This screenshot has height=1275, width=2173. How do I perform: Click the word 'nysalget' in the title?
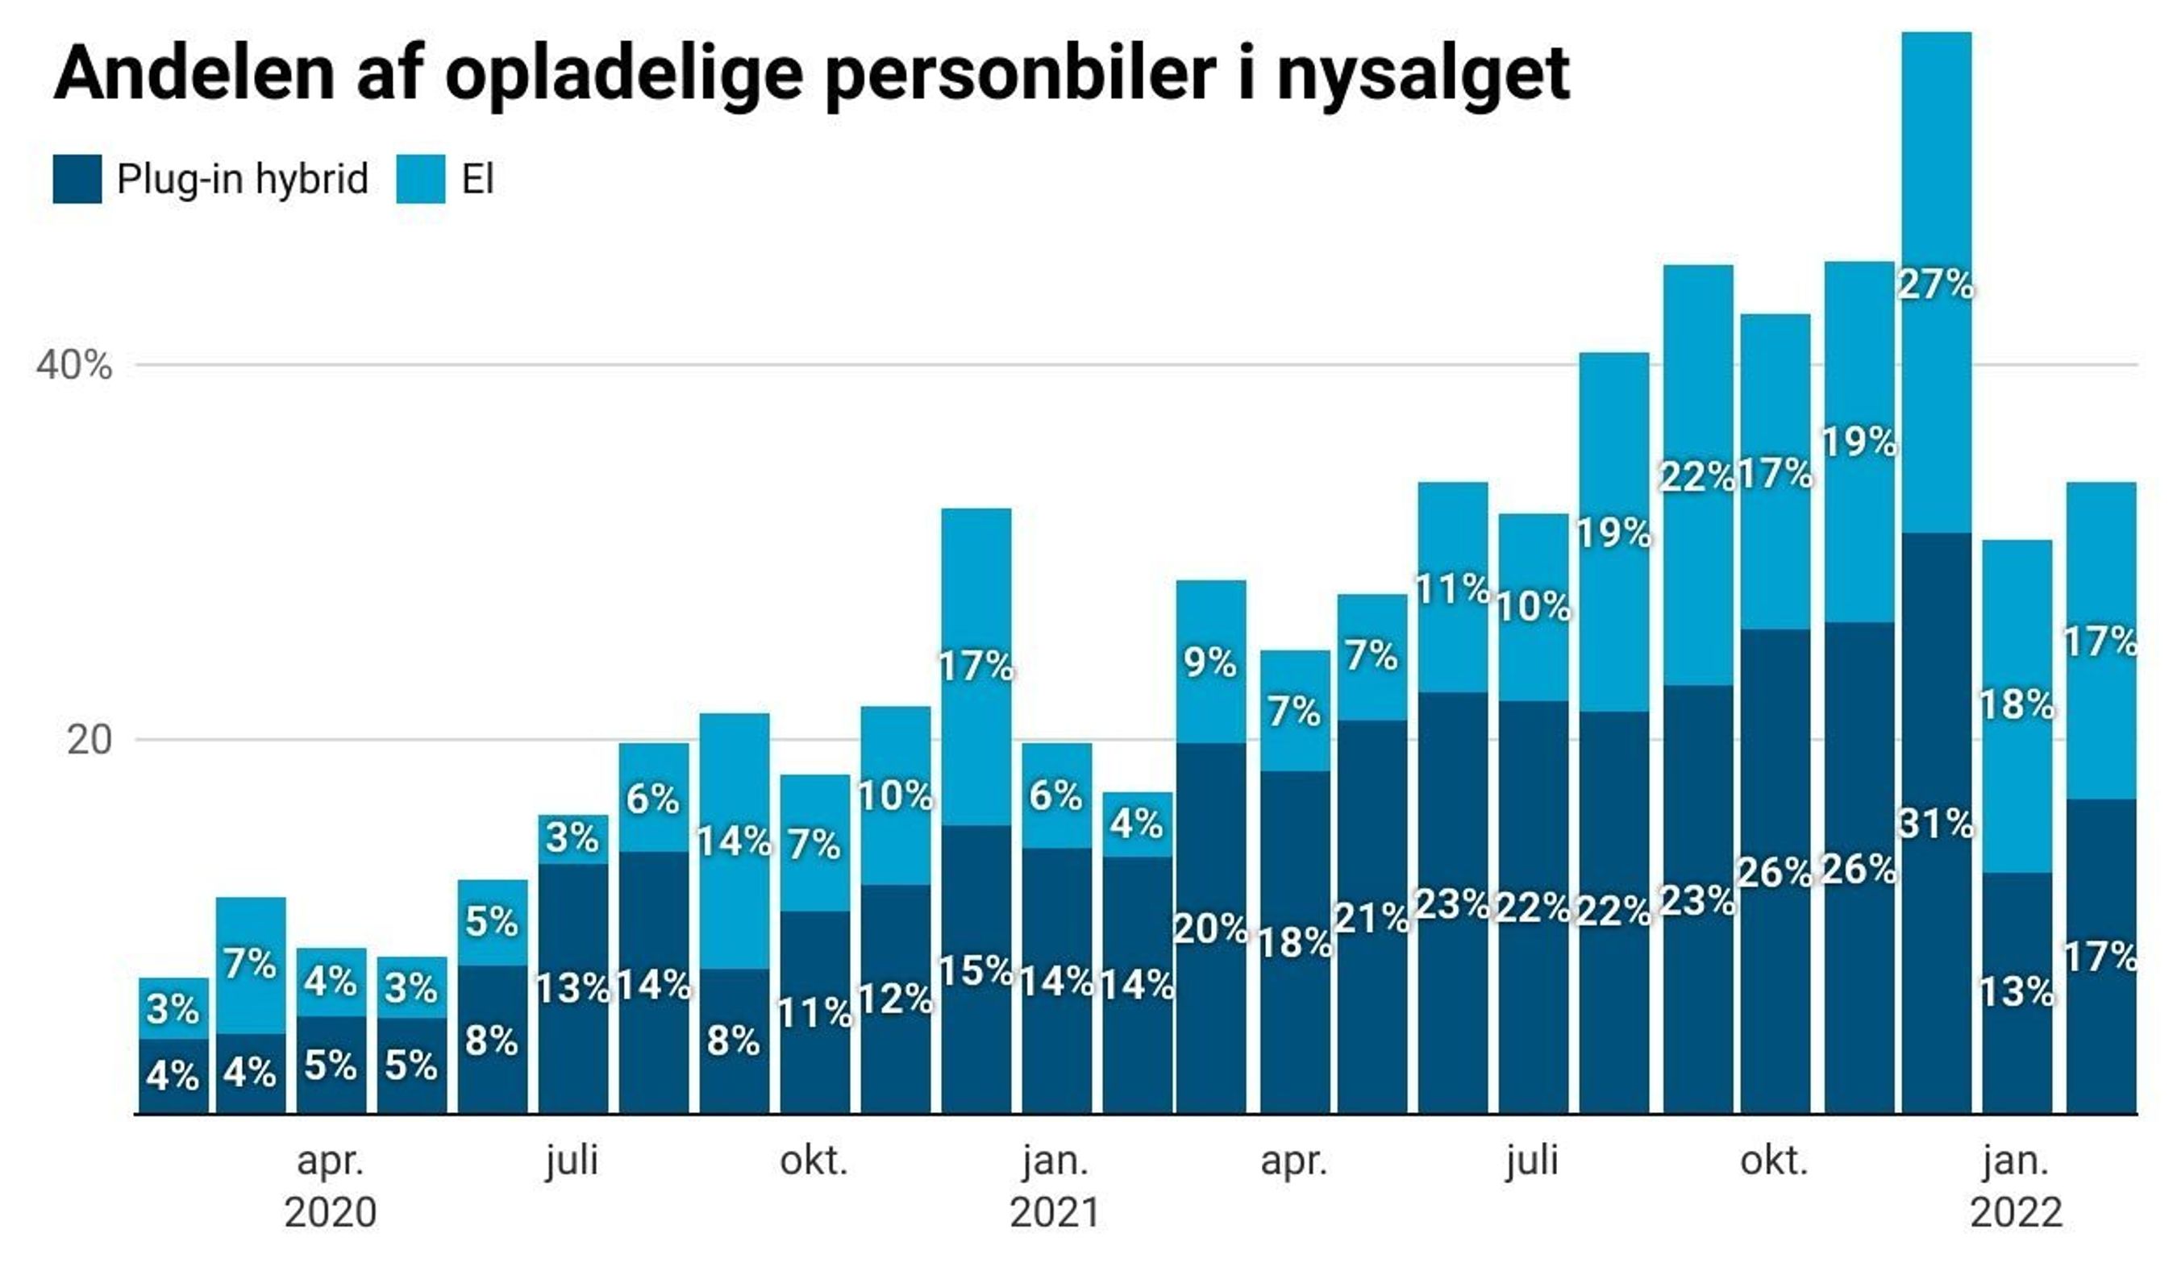pyautogui.click(x=1422, y=76)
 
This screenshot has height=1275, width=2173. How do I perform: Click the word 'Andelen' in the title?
pyautogui.click(x=194, y=74)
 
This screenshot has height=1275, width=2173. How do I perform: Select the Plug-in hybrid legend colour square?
pyautogui.click(x=77, y=179)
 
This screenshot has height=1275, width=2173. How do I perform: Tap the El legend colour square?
pyautogui.click(x=421, y=179)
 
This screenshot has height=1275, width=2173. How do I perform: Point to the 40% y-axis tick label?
pyautogui.click(x=74, y=366)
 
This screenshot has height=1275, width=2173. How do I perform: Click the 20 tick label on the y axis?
pyautogui.click(x=89, y=740)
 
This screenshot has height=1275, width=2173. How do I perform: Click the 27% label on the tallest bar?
pyautogui.click(x=1935, y=284)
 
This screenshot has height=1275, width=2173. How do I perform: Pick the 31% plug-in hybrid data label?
pyautogui.click(x=1936, y=825)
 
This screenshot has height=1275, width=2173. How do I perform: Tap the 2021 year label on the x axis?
pyautogui.click(x=1055, y=1213)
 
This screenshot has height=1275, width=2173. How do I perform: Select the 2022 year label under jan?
pyautogui.click(x=2016, y=1213)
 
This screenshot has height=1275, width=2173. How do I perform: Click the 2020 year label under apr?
pyautogui.click(x=331, y=1213)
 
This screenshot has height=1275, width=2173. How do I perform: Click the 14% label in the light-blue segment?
pyautogui.click(x=733, y=842)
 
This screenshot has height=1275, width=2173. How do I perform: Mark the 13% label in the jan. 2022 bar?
pyautogui.click(x=2016, y=992)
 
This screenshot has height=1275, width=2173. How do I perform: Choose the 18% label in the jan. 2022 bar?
pyautogui.click(x=2016, y=705)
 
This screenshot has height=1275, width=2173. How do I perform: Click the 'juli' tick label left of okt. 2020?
pyautogui.click(x=572, y=1161)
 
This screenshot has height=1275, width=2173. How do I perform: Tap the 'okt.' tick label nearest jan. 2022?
pyautogui.click(x=1774, y=1161)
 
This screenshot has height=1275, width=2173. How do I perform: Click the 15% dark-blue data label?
pyautogui.click(x=976, y=971)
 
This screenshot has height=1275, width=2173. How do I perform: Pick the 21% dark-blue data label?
pyautogui.click(x=1371, y=918)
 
